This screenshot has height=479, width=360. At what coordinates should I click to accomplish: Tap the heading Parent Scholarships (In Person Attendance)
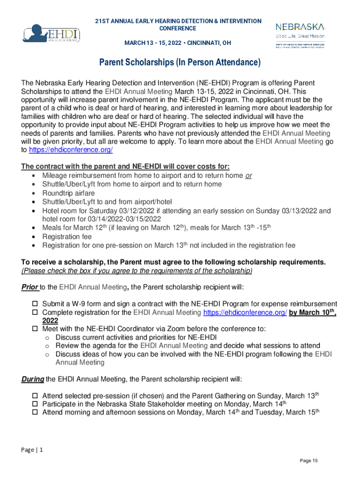[x=180, y=63]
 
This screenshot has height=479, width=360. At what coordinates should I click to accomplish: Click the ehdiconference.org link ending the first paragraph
[x=71, y=150]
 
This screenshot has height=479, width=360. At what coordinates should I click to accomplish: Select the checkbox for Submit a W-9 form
[x=35, y=304]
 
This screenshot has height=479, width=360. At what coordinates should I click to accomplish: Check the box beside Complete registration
[x=35, y=312]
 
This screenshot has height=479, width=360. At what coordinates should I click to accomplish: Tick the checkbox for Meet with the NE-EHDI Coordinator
[x=35, y=329]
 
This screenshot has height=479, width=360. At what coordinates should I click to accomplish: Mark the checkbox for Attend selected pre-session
[x=35, y=396]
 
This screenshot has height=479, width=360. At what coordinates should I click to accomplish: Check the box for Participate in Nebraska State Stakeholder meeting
[x=35, y=404]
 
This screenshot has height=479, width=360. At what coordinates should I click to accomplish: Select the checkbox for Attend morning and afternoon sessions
[x=35, y=413]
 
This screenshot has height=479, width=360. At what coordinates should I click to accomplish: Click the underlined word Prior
[x=29, y=287]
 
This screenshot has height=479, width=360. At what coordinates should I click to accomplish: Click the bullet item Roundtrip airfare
[x=68, y=193]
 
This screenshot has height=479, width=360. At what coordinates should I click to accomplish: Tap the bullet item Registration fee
[x=67, y=237]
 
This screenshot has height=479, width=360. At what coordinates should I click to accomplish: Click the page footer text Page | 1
[x=32, y=450]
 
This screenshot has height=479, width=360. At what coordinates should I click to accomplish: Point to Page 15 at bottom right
[x=309, y=461]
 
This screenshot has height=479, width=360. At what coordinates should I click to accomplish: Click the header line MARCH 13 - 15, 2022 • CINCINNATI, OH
[x=177, y=43]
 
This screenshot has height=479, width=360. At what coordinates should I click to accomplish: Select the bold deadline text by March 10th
[x=312, y=312]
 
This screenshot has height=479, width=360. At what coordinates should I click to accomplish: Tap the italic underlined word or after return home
[x=249, y=175]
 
